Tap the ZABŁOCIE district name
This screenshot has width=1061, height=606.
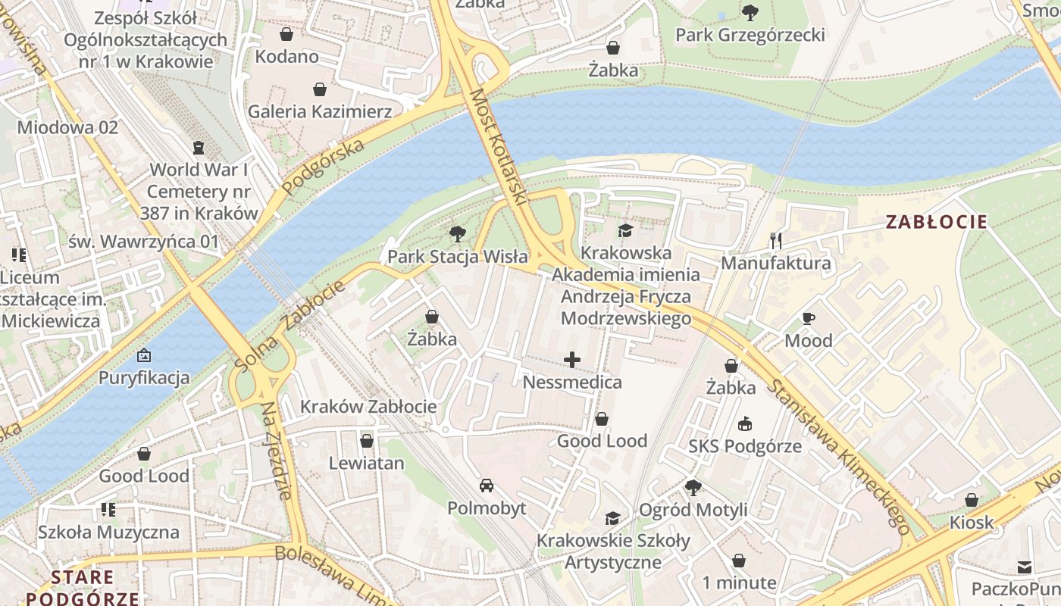tap(937, 222)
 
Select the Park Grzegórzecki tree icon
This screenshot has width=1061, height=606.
tap(750, 12)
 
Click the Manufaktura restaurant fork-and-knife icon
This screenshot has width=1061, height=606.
tap(775, 241)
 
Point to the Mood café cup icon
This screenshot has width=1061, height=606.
tap(809, 318)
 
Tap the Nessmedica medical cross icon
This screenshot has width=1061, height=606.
tap(572, 359)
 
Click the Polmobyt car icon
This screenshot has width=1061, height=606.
tap(487, 485)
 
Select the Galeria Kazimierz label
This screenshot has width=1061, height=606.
tap(320, 112)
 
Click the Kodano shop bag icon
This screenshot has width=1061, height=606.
tap(286, 34)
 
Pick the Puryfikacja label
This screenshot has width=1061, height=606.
tap(144, 377)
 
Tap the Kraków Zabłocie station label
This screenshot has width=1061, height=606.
tap(368, 407)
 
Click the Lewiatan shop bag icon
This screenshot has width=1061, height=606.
tap(367, 440)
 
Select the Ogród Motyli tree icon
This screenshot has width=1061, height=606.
tap(693, 487)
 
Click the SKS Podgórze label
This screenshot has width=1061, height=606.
tap(745, 446)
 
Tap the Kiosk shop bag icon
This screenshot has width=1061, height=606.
tap(972, 500)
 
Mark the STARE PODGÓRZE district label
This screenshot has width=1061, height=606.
tap(83, 588)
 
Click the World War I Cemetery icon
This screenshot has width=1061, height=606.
tap(199, 147)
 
